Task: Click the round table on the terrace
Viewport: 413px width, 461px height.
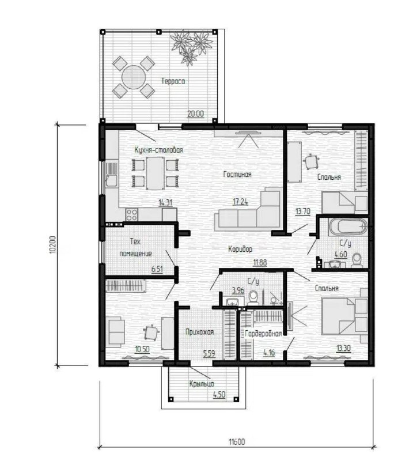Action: [x=134, y=77]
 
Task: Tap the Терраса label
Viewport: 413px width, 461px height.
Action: [x=173, y=81]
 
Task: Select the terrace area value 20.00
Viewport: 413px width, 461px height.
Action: [x=195, y=114]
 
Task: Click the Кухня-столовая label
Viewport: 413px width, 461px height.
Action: [x=159, y=150]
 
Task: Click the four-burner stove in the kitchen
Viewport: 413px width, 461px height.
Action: [x=132, y=214]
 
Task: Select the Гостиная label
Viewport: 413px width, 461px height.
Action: [x=237, y=175]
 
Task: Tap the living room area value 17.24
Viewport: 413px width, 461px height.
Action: [x=240, y=202]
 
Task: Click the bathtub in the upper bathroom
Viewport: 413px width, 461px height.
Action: [x=348, y=226]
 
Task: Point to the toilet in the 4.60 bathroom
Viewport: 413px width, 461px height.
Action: [x=357, y=260]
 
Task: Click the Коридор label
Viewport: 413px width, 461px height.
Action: [x=240, y=249]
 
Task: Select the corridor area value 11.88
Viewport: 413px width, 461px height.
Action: [x=260, y=262]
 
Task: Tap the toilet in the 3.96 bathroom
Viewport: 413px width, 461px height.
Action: [x=253, y=297]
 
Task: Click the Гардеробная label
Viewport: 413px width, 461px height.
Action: [x=263, y=334]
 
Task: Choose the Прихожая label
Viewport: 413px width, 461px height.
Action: [x=200, y=332]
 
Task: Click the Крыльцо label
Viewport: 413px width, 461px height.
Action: [x=202, y=384]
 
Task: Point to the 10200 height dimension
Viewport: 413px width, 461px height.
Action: [x=52, y=244]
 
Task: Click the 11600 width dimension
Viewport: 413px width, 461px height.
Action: [x=237, y=442]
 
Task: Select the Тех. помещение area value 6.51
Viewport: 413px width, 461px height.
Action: [x=157, y=269]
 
